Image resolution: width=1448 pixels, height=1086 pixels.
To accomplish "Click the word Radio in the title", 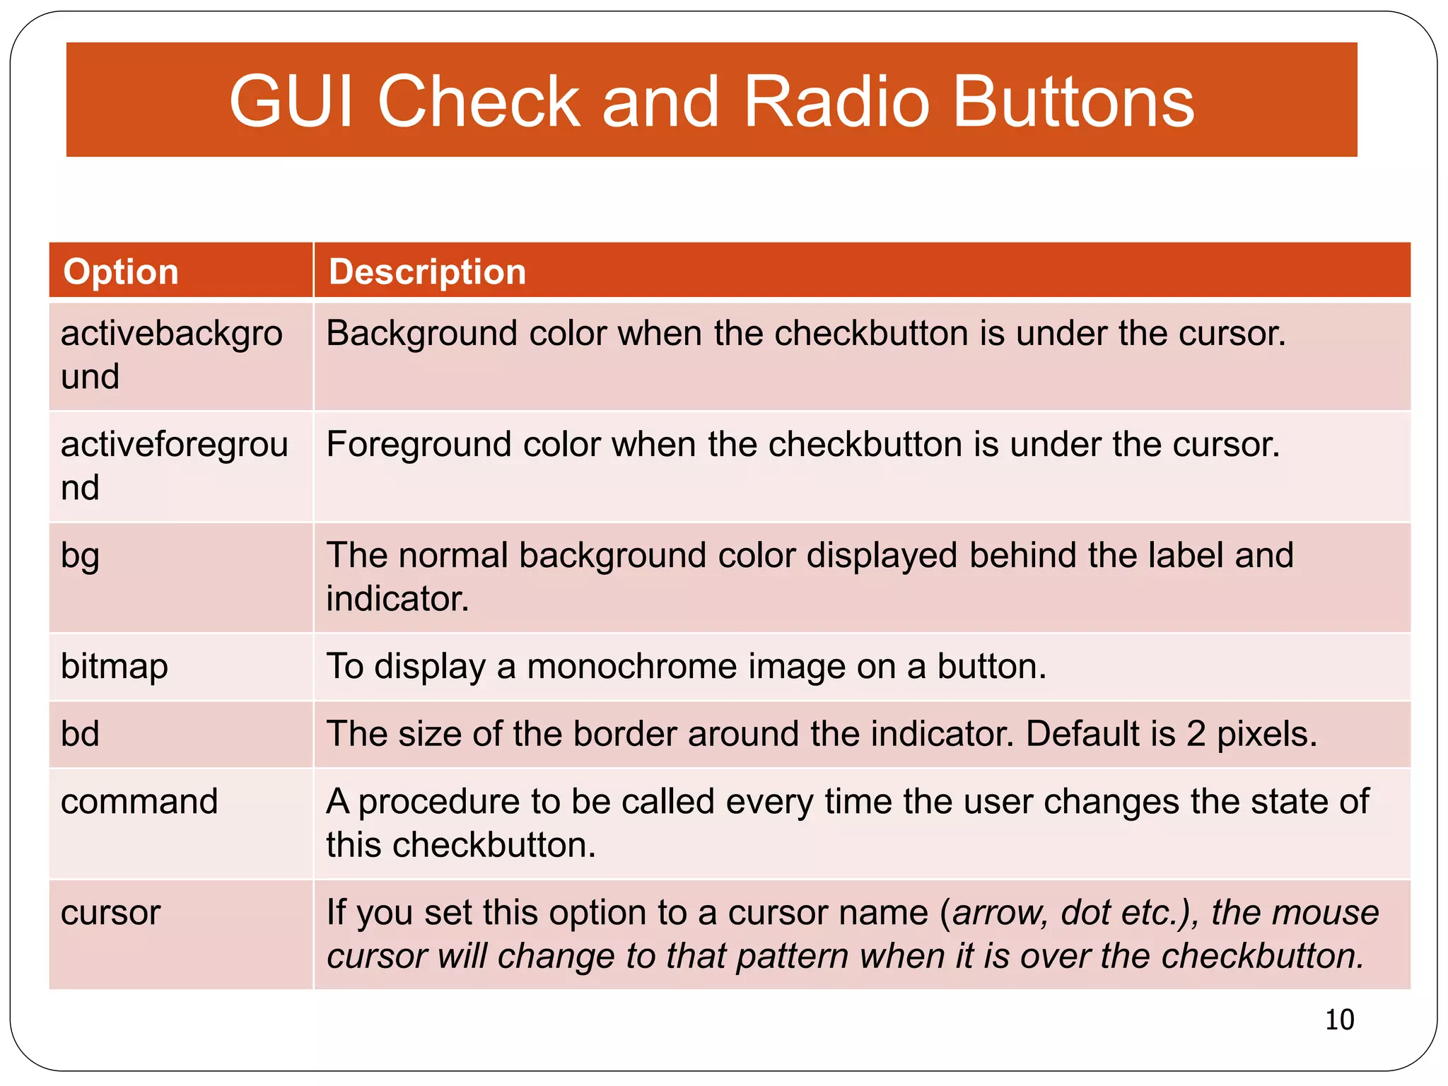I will point(836,102).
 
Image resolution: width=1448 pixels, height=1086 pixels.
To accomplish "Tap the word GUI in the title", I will point(291,102).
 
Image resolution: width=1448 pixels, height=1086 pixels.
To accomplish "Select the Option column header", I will point(121,271).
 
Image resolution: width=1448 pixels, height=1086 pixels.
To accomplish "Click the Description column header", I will point(428,271).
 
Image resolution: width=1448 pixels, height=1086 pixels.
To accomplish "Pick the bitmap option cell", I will point(115,667).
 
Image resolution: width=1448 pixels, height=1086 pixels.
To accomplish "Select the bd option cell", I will point(80,734).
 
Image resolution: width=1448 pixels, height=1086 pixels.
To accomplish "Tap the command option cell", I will point(139,802).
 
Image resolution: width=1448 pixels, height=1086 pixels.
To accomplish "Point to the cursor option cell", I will point(111,913).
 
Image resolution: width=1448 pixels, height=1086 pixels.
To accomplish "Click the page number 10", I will point(1339,1020).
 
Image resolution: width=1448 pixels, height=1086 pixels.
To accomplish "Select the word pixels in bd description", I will point(1266,734).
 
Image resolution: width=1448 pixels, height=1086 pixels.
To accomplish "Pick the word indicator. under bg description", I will point(397,599).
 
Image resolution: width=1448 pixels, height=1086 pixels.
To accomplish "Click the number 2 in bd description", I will point(1195,734).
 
